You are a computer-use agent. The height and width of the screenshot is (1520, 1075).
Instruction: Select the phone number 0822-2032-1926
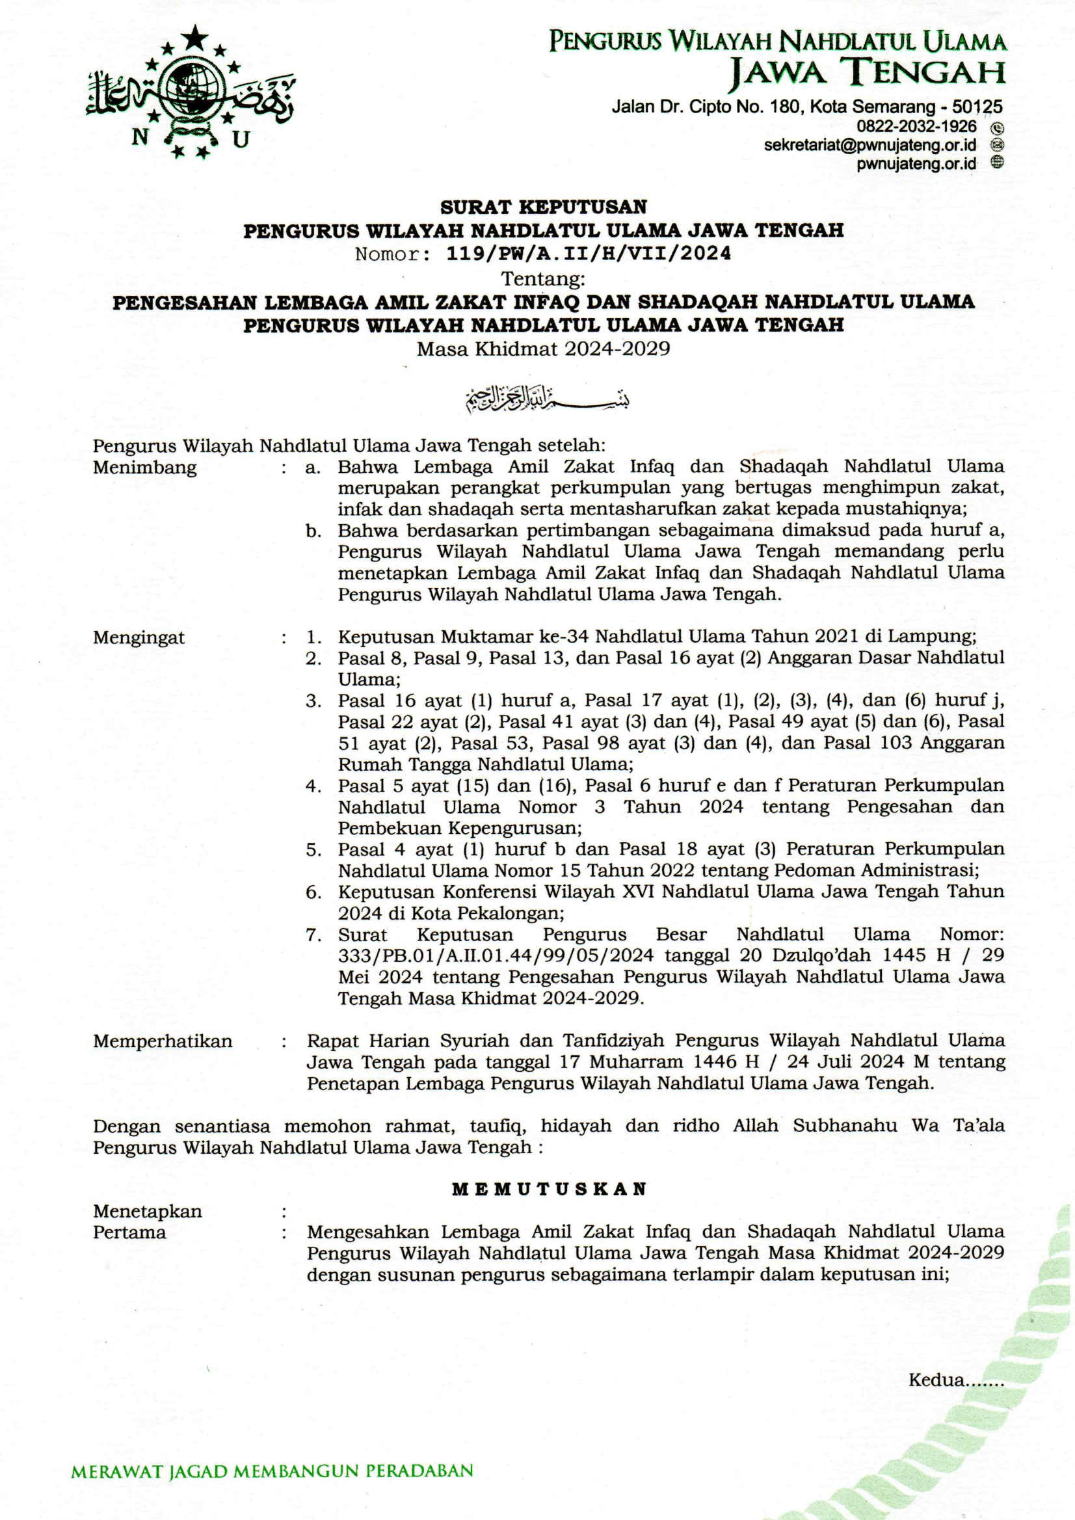click(x=916, y=126)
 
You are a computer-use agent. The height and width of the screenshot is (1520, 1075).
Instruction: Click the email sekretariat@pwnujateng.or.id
click(x=869, y=145)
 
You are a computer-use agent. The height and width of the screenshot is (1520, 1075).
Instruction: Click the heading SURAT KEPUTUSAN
click(x=543, y=207)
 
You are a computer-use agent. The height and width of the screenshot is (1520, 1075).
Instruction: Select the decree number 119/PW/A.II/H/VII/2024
click(x=589, y=254)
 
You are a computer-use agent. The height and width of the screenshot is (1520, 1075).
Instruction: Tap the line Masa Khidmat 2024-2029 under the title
click(x=543, y=349)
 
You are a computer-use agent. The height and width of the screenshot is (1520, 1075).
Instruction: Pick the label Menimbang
click(x=145, y=468)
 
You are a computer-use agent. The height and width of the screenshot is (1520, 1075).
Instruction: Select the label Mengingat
click(x=139, y=637)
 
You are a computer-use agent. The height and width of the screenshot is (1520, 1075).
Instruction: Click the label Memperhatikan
click(x=163, y=1041)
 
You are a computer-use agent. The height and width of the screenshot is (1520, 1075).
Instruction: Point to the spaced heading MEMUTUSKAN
click(x=549, y=1189)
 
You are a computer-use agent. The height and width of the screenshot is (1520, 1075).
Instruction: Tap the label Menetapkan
click(x=148, y=1212)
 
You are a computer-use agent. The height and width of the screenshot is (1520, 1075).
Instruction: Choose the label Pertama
click(x=130, y=1233)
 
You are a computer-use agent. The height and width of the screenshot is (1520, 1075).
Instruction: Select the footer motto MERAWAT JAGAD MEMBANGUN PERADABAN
click(x=272, y=1472)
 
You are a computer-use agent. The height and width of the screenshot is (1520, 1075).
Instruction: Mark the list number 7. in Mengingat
click(x=313, y=935)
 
